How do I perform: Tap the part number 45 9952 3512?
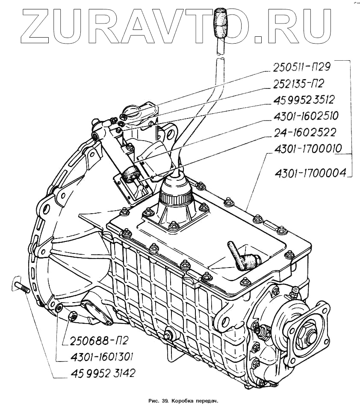[x=303, y=100]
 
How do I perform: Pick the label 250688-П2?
[x=95, y=341]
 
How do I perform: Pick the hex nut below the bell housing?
[x=73, y=316]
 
